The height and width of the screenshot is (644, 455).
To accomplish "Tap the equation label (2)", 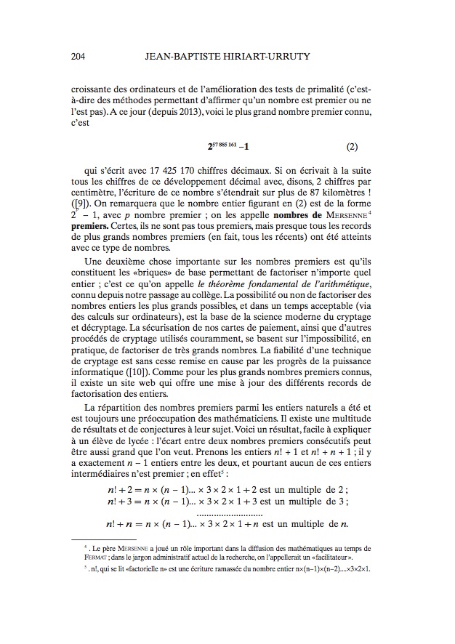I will (353, 145).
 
